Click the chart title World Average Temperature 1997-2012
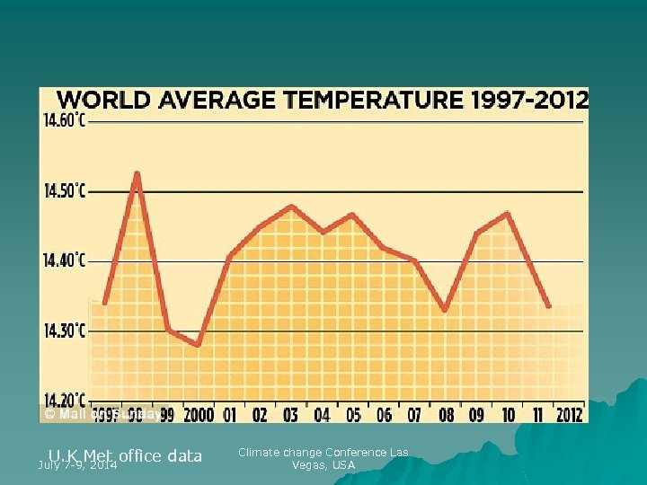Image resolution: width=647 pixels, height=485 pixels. coord(323,98)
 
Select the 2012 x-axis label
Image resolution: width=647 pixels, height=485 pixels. coord(568,414)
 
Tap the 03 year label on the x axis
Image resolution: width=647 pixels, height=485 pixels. coord(290,414)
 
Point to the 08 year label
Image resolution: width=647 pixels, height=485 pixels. coord(446,414)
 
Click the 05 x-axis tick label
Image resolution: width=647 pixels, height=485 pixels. coord(352,414)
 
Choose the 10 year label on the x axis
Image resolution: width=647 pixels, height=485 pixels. coord(508,414)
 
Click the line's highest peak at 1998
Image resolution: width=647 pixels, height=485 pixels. coord(137,172)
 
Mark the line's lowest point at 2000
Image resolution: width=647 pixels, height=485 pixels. coord(198,345)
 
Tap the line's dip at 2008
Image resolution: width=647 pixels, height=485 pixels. coord(445,310)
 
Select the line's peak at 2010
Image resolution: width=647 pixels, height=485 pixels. coord(508,214)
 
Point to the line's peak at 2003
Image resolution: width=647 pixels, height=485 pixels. coord(290,206)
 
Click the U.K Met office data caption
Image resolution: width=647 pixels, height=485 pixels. coord(126,455)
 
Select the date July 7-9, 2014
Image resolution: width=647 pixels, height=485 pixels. coord(77,465)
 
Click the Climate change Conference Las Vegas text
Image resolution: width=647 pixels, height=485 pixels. coord(323,458)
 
